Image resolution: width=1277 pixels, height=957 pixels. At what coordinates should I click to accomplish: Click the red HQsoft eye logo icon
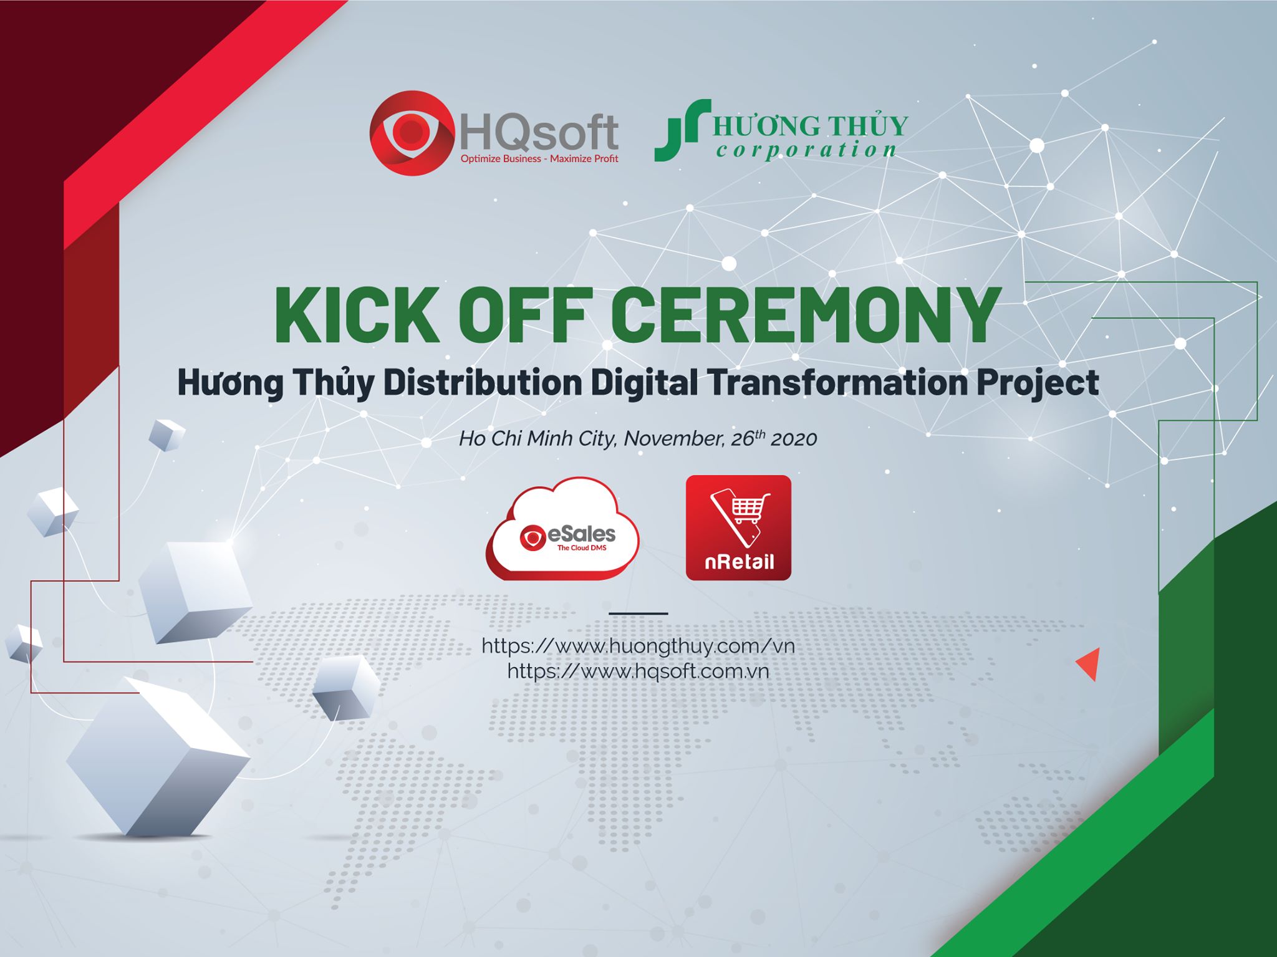(412, 133)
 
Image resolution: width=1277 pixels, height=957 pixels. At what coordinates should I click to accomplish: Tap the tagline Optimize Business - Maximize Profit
(539, 159)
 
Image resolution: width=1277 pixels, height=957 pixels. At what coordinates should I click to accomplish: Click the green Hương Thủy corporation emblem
(682, 130)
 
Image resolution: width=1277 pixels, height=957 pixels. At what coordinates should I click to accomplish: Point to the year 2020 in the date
(793, 439)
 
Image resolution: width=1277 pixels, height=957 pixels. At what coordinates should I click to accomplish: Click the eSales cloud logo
(562, 529)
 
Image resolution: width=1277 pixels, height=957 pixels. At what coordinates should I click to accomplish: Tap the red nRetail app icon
(738, 527)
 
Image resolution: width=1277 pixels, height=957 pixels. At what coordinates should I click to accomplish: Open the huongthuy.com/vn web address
(638, 646)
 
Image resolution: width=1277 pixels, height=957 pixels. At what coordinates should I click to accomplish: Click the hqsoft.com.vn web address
(638, 671)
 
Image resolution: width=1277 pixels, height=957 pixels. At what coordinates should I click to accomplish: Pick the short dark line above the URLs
(638, 613)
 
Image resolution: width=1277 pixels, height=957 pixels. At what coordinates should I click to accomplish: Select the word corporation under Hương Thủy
(807, 150)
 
